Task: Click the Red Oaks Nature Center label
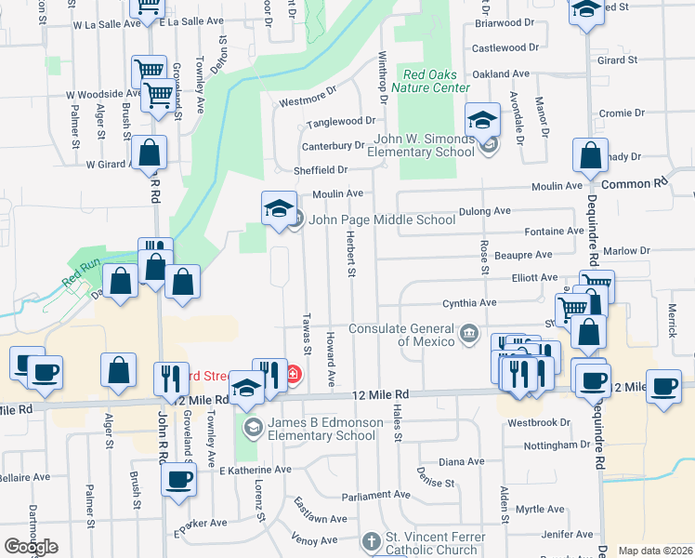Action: pos(430,81)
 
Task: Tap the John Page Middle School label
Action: pos(382,219)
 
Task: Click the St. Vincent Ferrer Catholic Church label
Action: pos(431,542)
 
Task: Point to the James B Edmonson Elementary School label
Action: pos(321,429)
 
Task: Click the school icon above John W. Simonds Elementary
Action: pos(482,119)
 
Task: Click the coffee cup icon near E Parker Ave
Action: pos(178,480)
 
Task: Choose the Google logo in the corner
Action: pos(31,547)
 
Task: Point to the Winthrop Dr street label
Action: pos(381,76)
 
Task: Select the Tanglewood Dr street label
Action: pos(341,121)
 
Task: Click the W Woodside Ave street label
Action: pos(103,94)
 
